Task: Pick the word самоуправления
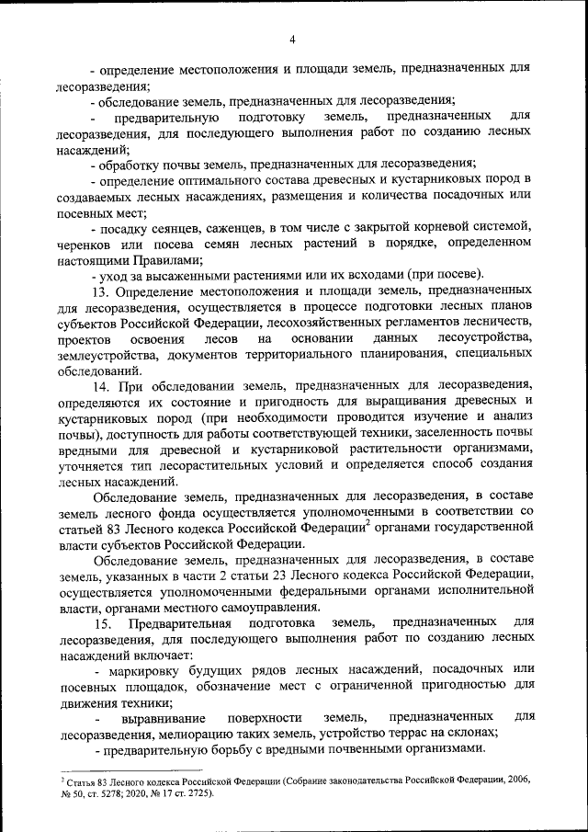[274, 607]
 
